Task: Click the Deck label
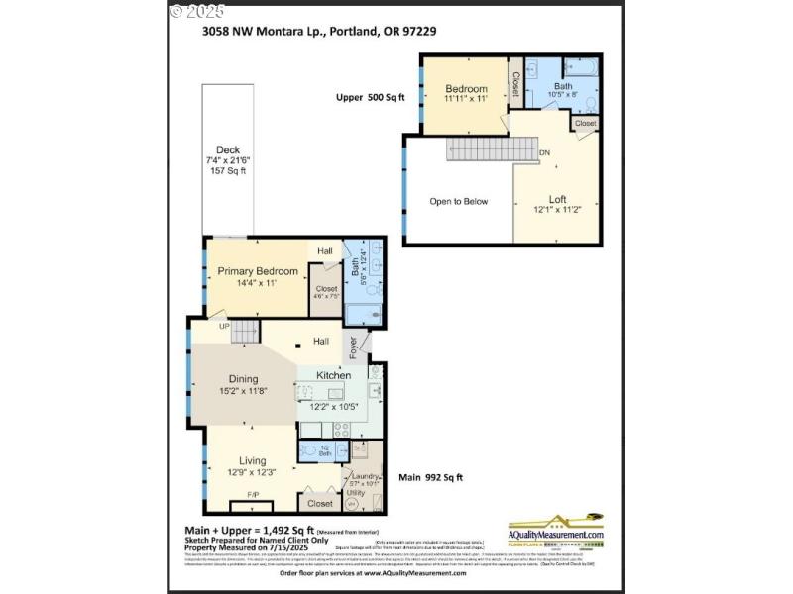tap(228, 150)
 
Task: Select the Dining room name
tap(243, 378)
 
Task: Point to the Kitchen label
tap(333, 376)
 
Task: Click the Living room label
tap(252, 460)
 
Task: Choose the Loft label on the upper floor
tap(557, 198)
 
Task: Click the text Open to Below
tap(458, 202)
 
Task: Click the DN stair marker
tap(544, 153)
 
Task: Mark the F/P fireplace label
tap(252, 494)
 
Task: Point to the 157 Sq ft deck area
tap(228, 171)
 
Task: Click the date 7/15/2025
tap(286, 547)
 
